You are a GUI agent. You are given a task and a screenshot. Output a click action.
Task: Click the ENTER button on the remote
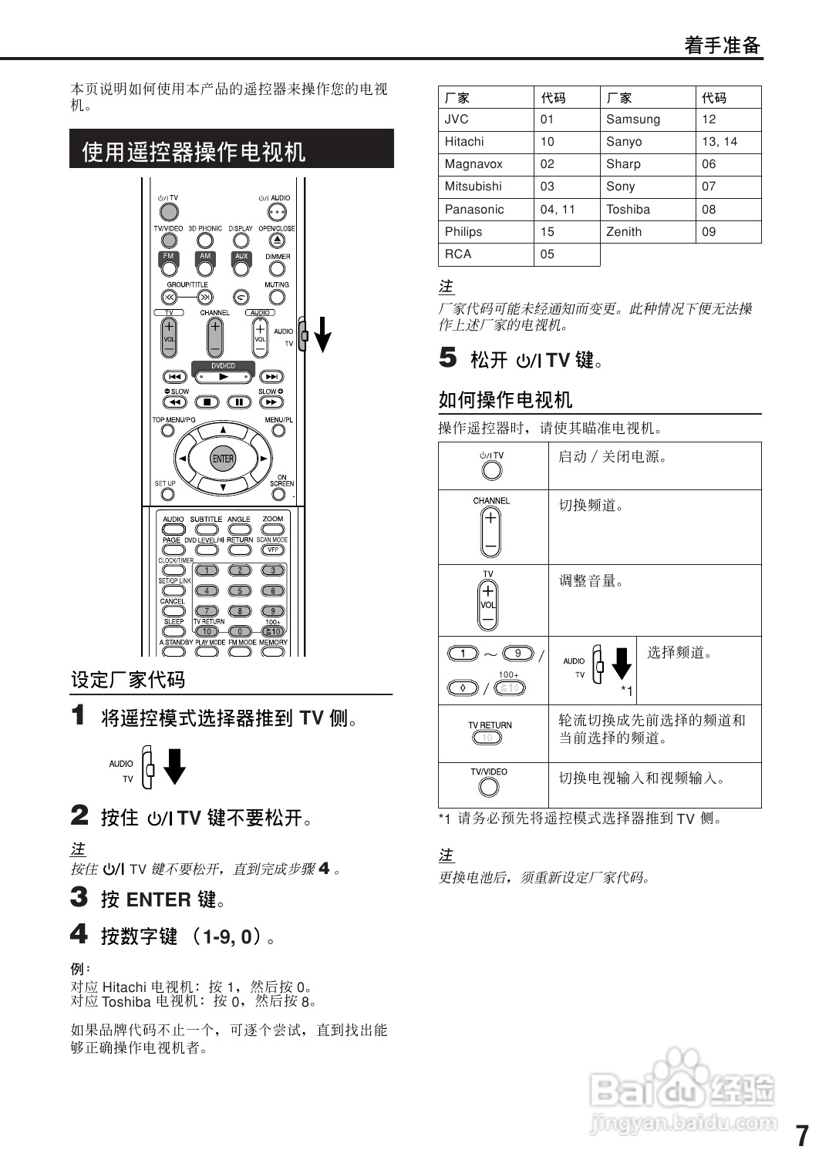[x=223, y=459]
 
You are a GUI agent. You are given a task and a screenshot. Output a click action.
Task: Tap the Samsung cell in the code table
[x=633, y=119]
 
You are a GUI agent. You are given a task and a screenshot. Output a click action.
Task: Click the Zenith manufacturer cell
[x=624, y=232]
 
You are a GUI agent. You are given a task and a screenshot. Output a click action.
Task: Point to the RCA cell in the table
[x=458, y=254]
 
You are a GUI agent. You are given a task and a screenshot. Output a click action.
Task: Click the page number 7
[x=802, y=1136]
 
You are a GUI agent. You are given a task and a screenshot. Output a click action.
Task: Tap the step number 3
[x=79, y=897]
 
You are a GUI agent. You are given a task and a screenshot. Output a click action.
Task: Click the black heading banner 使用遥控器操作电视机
[x=231, y=150]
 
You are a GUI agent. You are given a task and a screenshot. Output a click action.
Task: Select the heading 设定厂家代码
[x=128, y=680]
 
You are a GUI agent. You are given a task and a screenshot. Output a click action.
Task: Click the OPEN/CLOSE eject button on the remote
[x=277, y=240]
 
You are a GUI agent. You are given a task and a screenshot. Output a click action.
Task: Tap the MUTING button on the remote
[x=277, y=297]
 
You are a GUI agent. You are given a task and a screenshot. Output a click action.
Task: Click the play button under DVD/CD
[x=223, y=377]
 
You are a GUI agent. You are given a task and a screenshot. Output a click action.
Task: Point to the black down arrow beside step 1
[x=175, y=766]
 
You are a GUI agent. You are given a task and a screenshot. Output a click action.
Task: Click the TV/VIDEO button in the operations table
[x=489, y=787]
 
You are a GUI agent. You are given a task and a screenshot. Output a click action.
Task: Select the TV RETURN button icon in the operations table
[x=487, y=738]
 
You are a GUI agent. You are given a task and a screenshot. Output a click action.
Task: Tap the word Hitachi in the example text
[x=124, y=987]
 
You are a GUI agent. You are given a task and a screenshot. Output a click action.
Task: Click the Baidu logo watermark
[x=682, y=1089]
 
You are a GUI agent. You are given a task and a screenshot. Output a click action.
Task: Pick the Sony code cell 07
[x=709, y=187]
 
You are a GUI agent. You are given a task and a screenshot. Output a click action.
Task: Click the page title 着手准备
[x=723, y=45]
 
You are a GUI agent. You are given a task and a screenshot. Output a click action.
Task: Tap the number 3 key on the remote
[x=272, y=570]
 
